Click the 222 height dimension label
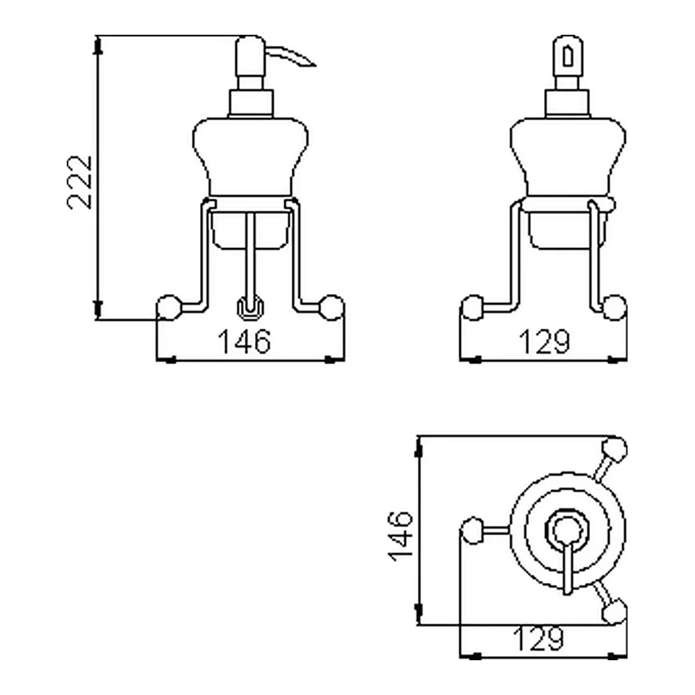80,182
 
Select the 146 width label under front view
244,342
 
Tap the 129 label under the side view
545,342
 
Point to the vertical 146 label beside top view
401,537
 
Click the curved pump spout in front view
291,56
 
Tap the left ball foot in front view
169,306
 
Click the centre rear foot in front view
251,308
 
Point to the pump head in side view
568,56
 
